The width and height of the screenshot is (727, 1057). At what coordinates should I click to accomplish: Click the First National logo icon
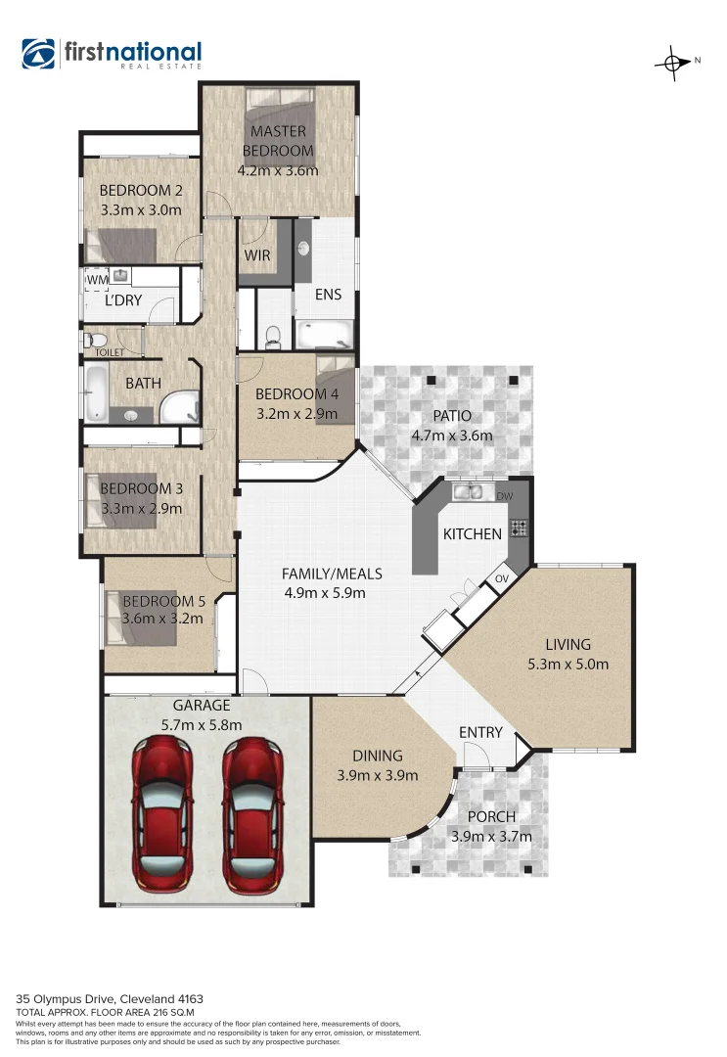[x=40, y=55]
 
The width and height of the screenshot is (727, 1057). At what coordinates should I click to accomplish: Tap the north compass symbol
[x=673, y=62]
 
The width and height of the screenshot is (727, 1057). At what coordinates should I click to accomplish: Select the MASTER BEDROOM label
[x=277, y=141]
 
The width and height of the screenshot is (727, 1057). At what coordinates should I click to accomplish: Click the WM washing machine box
[x=97, y=281]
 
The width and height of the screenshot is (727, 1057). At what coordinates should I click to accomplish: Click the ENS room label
[x=327, y=294]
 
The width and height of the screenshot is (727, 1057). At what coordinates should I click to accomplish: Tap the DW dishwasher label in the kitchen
[x=504, y=497]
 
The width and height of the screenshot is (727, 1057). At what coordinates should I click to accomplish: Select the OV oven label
[x=503, y=578]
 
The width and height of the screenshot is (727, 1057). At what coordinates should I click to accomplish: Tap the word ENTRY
[x=479, y=732]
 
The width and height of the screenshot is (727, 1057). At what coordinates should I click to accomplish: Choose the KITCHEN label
[x=473, y=533]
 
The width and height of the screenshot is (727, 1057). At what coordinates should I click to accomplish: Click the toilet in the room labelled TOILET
[x=95, y=342]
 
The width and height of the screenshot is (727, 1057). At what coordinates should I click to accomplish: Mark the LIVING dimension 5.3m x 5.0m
[x=568, y=664]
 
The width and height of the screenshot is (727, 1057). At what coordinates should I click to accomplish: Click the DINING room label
[x=377, y=756]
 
